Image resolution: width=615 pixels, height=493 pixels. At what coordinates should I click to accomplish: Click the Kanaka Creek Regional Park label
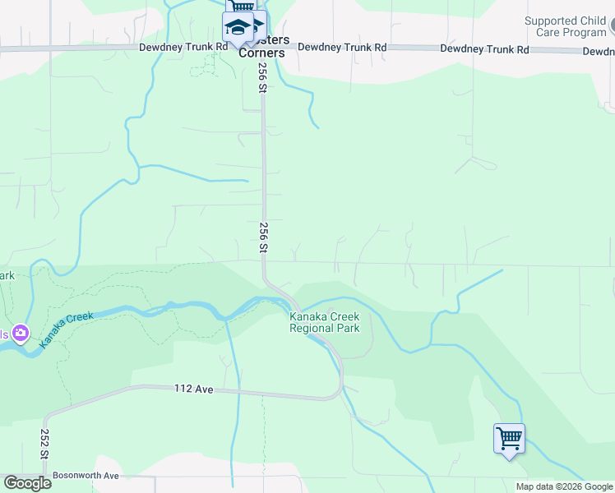click(x=324, y=322)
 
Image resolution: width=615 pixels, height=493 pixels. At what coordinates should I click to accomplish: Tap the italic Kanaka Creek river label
click(x=69, y=328)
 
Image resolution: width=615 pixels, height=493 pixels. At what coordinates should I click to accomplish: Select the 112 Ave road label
click(x=194, y=388)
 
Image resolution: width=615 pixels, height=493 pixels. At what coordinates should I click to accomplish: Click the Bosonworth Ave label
click(x=86, y=475)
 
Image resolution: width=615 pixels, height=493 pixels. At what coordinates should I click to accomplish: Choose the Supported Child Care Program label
click(x=565, y=26)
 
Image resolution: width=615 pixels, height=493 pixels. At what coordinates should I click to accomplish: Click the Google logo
click(x=27, y=482)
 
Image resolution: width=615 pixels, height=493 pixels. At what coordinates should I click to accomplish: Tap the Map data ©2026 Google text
click(x=565, y=486)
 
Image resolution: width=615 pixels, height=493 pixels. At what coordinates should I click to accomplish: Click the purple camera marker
click(x=21, y=334)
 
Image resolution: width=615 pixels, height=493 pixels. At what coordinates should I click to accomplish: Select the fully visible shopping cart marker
click(x=509, y=438)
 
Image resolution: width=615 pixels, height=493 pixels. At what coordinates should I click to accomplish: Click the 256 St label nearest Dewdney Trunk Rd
click(x=263, y=78)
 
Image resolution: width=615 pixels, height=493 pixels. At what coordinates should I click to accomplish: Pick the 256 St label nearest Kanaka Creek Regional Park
click(x=264, y=237)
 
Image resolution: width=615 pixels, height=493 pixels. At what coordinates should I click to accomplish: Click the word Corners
click(x=261, y=53)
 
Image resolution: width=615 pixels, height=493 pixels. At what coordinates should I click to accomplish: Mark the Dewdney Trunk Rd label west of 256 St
click(x=183, y=47)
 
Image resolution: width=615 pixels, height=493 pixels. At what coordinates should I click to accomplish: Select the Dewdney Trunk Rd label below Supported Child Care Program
click(x=484, y=48)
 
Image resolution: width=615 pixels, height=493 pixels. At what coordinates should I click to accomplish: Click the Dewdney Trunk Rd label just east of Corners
click(x=342, y=48)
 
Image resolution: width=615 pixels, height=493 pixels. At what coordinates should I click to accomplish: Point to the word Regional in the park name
click(x=309, y=328)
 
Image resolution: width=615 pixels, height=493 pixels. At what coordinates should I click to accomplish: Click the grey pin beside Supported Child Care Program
click(x=612, y=30)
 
